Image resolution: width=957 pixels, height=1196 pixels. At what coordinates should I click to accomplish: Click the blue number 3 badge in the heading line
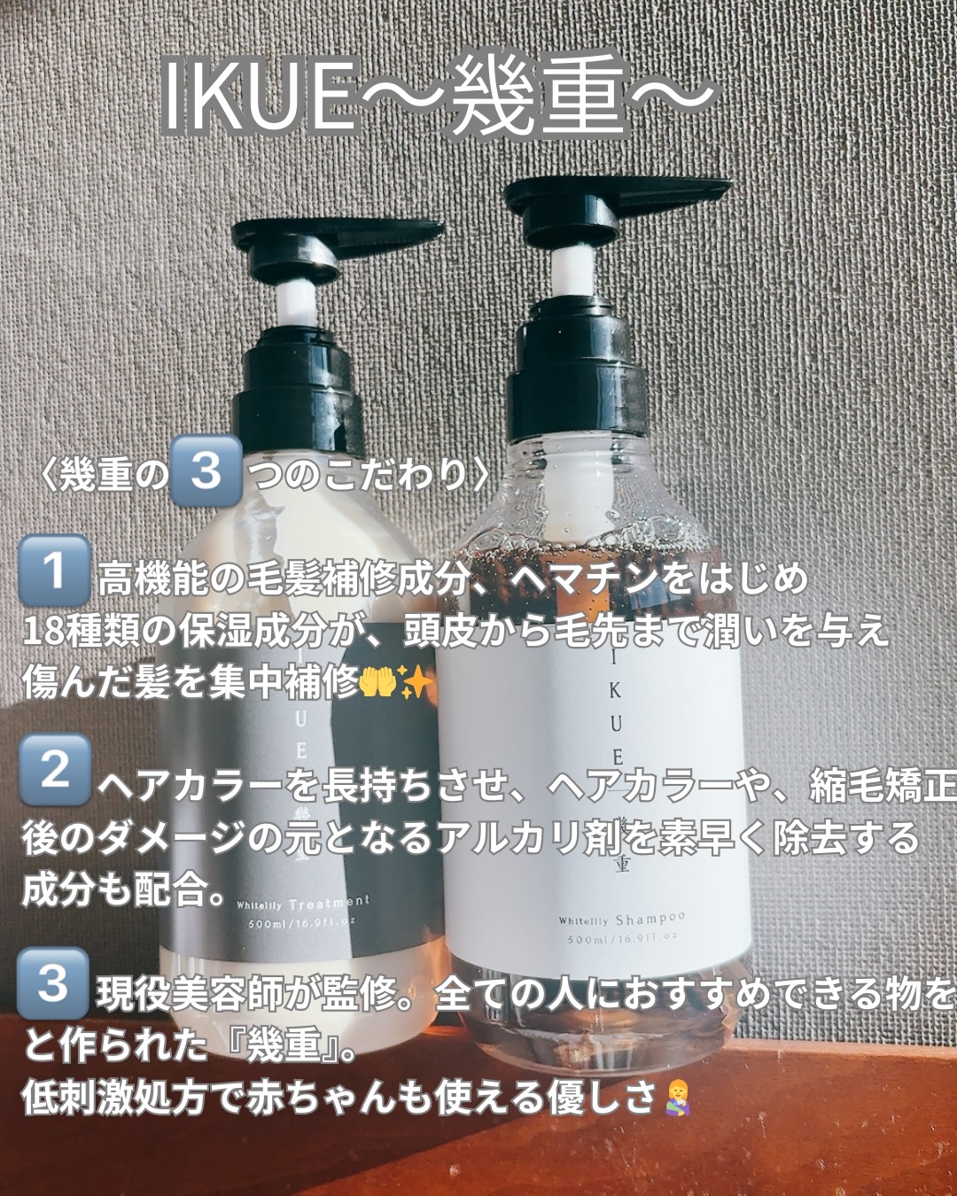(x=206, y=470)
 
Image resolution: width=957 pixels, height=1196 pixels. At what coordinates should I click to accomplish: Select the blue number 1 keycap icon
(x=54, y=570)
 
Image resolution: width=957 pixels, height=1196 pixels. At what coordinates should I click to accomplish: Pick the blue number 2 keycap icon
(x=54, y=769)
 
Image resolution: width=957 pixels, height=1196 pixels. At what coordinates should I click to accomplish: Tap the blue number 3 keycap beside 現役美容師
(x=53, y=982)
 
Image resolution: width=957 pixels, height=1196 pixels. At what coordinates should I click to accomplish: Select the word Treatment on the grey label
(x=329, y=903)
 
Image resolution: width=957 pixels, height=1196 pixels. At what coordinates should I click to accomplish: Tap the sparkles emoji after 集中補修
(x=415, y=682)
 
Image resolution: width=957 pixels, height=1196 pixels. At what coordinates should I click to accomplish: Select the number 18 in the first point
(x=43, y=631)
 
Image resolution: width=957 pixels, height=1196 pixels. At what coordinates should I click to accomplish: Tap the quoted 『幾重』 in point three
(x=283, y=1045)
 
